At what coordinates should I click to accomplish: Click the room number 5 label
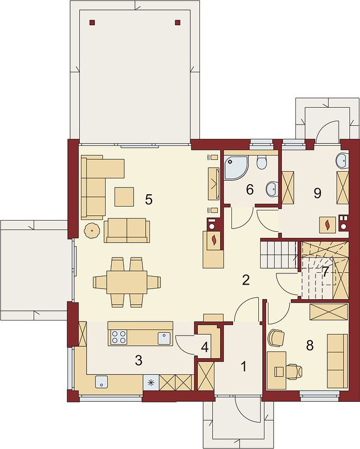[x=148, y=199]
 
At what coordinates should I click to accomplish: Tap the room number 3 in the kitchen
[x=138, y=360]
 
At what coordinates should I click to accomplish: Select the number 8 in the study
[x=309, y=345]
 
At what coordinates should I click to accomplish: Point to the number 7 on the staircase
[x=325, y=272]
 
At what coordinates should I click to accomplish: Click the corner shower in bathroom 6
[x=236, y=168]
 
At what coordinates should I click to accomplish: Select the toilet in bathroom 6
[x=262, y=163]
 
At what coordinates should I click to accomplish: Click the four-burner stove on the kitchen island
[x=119, y=337]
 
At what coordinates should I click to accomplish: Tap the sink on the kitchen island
[x=165, y=338]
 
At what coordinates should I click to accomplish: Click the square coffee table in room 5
[x=124, y=197]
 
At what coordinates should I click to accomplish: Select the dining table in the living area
[x=127, y=282]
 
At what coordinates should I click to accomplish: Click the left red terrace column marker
[x=92, y=22]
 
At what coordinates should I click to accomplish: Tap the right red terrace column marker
[x=177, y=22]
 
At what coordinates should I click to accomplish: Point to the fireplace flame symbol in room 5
[x=213, y=240]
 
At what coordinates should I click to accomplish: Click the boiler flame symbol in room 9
[x=327, y=224]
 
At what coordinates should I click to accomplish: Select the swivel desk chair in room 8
[x=294, y=372]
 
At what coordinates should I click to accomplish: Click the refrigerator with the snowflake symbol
[x=151, y=382]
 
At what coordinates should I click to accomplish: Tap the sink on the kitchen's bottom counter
[x=102, y=382]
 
